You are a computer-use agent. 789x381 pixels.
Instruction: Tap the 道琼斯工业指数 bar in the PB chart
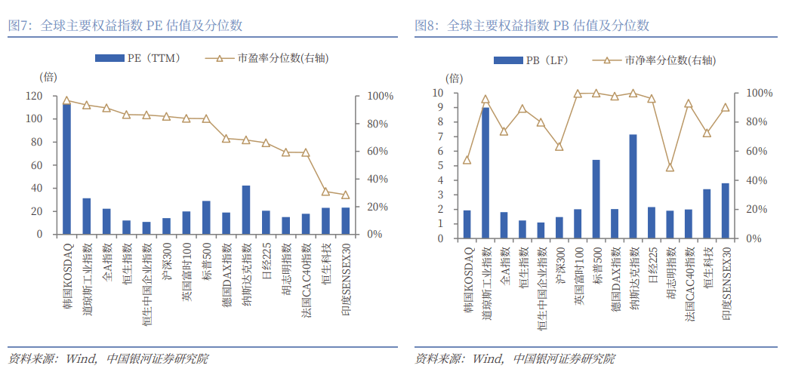coord(485,173)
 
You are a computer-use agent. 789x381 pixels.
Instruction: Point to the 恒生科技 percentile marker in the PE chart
coord(325,192)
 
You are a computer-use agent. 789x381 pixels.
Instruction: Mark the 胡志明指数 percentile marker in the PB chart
coord(670,167)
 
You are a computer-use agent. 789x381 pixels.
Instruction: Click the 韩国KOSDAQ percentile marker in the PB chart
coord(467,160)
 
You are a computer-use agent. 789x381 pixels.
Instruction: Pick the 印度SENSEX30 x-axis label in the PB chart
coord(726,284)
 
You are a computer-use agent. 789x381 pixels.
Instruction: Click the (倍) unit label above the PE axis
coord(48,76)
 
